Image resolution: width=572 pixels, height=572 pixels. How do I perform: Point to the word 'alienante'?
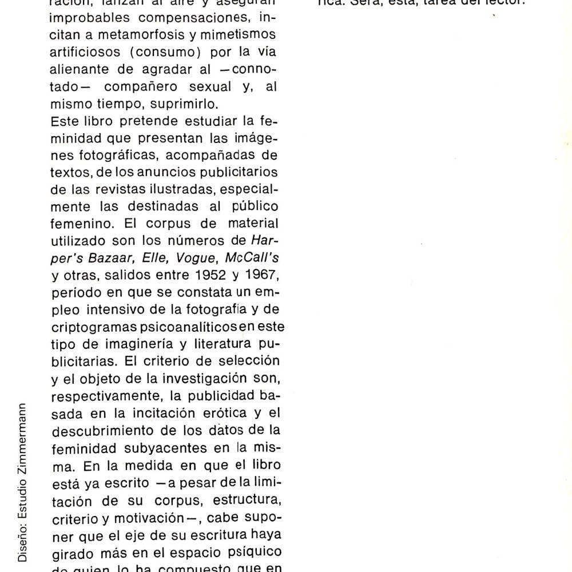coord(76,70)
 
